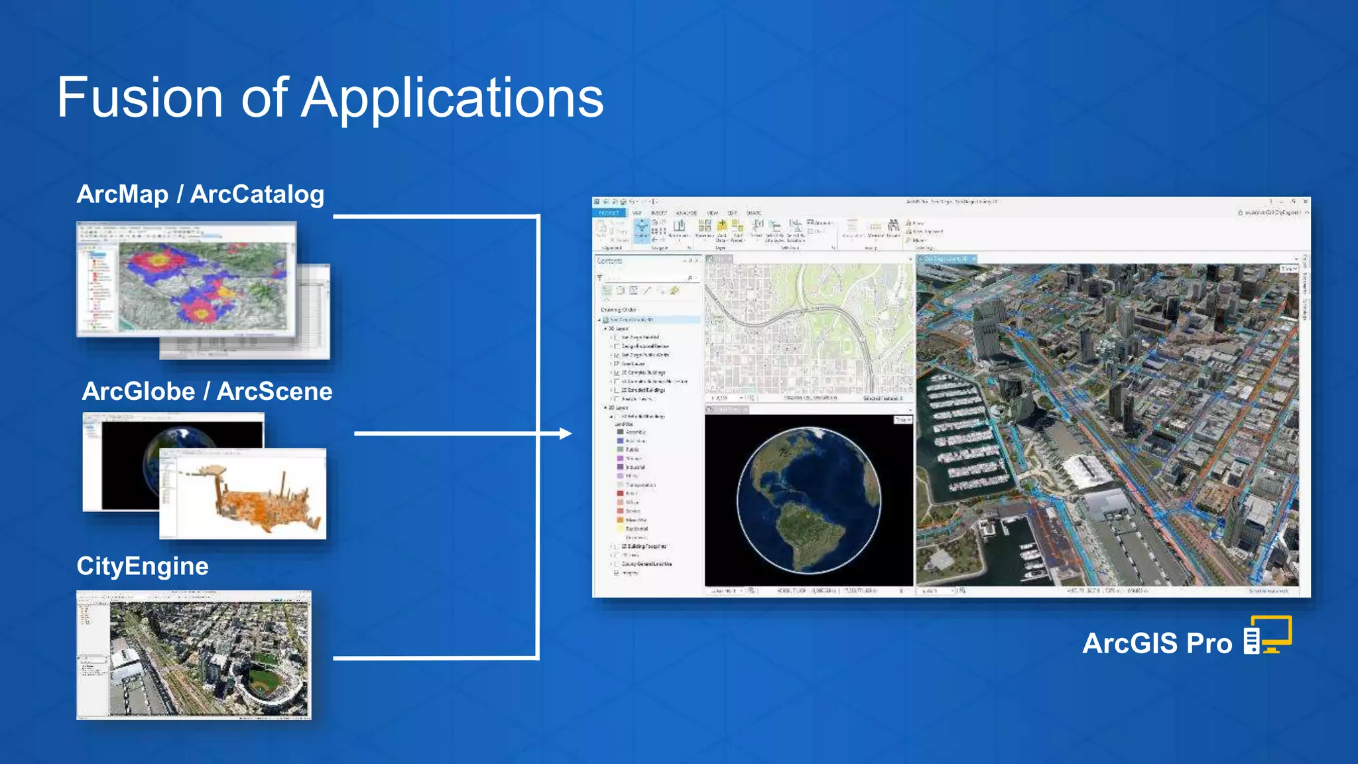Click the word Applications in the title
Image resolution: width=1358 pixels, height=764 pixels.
point(453,98)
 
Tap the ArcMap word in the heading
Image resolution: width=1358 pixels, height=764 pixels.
point(123,194)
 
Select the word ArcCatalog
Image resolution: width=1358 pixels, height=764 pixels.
point(257,194)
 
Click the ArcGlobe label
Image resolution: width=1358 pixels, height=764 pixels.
point(139,391)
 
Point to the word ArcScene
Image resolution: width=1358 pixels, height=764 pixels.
point(275,391)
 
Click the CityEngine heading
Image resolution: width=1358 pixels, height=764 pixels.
point(143,566)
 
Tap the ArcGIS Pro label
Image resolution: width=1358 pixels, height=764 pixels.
point(1157,643)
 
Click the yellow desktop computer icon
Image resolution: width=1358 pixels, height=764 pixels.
point(1268,635)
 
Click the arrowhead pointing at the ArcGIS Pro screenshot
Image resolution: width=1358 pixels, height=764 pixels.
point(565,434)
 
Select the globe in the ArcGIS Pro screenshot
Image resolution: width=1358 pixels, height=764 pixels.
point(809,500)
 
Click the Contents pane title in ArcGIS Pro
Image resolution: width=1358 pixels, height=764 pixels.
point(609,261)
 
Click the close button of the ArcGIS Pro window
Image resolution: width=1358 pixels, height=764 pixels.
point(1305,202)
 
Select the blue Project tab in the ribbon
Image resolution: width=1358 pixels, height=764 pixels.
point(609,213)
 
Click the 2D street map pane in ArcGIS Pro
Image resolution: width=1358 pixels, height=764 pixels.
point(809,328)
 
